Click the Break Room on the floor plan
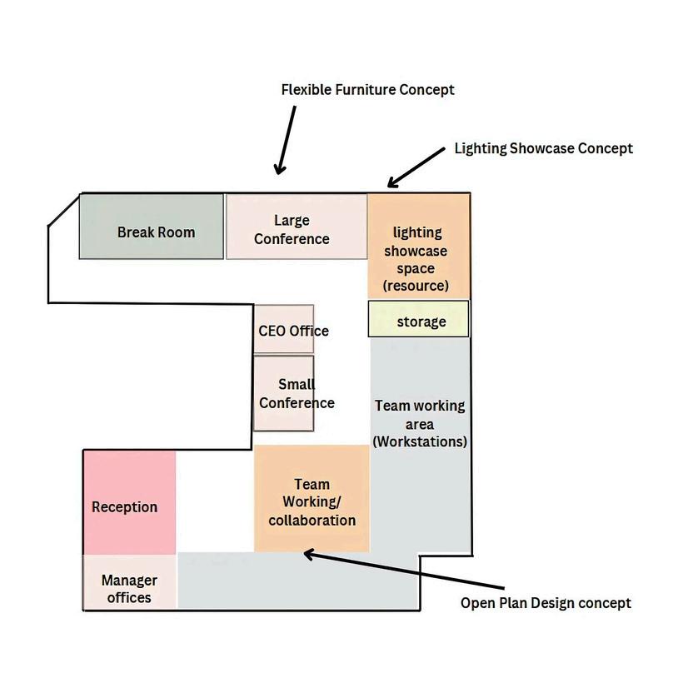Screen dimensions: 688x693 point(152,227)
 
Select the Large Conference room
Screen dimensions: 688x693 point(296,227)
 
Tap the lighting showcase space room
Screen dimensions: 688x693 point(419,247)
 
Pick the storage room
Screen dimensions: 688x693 point(419,319)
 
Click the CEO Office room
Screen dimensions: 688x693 point(284,329)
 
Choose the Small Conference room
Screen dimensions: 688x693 point(284,393)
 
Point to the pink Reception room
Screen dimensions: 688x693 point(129,502)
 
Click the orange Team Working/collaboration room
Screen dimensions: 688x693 point(312,499)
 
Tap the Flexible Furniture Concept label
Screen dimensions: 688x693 point(367,89)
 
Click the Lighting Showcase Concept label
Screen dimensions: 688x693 point(543,148)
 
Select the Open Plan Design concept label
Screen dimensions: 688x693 point(546,603)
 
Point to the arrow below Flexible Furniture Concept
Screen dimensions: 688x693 point(286,140)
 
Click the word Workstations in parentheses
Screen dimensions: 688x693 point(420,441)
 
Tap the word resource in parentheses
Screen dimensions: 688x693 point(416,286)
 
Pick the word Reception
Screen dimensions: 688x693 point(124,507)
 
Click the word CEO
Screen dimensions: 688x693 point(272,331)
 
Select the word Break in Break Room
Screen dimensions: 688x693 point(136,232)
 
